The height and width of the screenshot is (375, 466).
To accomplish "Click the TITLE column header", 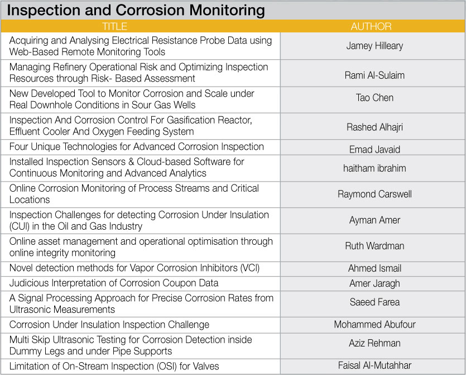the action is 115,26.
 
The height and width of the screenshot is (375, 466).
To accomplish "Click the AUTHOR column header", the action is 371,26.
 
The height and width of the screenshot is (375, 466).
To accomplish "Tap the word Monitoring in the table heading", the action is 227,10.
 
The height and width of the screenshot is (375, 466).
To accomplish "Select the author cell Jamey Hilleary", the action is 374,46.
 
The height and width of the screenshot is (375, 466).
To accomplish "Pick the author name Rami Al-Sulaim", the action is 374,75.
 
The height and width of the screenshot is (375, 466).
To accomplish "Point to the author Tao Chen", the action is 374,98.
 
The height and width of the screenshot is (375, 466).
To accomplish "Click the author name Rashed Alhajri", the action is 374,127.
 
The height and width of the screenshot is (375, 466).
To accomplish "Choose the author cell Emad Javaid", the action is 374,149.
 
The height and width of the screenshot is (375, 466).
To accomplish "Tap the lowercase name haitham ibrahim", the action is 374,168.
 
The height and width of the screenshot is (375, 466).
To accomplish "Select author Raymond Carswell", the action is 374,194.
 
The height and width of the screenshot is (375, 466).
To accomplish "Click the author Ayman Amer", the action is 374,220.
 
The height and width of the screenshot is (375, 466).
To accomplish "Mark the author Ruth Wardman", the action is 374,246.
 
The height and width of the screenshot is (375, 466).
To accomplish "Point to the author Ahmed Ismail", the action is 374,268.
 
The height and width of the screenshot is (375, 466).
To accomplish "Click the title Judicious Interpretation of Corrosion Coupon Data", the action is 114,283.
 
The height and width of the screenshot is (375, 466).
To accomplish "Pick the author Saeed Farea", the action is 374,302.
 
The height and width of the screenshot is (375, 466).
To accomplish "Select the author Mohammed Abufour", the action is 374,324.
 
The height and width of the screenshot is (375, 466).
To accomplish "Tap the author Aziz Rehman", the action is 374,343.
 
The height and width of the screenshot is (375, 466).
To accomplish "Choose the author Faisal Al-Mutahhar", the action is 374,365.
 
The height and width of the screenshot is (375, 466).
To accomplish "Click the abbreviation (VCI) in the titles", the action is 249,268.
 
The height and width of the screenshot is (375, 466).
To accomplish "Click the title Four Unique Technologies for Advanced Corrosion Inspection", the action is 136,147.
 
